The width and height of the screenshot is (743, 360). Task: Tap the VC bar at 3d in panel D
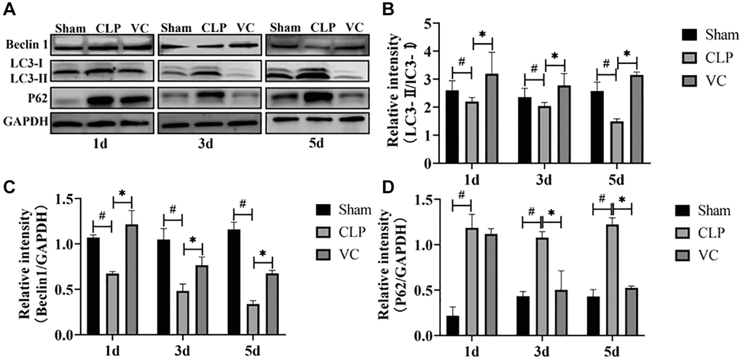(562, 313)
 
